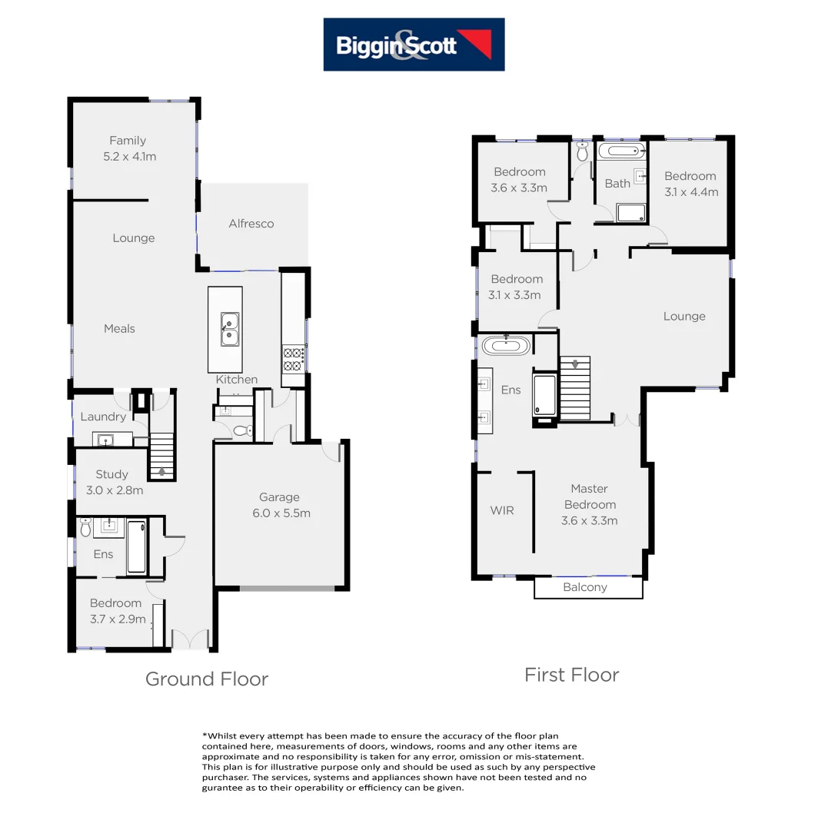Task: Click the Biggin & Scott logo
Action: pyautogui.click(x=414, y=45)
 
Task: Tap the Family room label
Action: pyautogui.click(x=128, y=148)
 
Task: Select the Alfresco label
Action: pyautogui.click(x=251, y=224)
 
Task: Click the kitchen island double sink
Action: pyautogui.click(x=228, y=330)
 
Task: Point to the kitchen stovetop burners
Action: pyautogui.click(x=294, y=357)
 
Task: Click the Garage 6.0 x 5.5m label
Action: pyautogui.click(x=279, y=505)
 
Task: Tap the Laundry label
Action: pyautogui.click(x=103, y=417)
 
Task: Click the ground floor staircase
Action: pyautogui.click(x=161, y=455)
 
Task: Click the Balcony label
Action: pyautogui.click(x=585, y=587)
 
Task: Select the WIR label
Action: pyautogui.click(x=501, y=510)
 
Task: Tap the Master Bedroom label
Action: pyautogui.click(x=590, y=504)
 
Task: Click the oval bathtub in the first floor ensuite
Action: pyautogui.click(x=506, y=346)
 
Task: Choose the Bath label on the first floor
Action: pyautogui.click(x=617, y=184)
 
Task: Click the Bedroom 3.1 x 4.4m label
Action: pyautogui.click(x=690, y=184)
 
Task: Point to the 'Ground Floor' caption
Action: pyautogui.click(x=207, y=679)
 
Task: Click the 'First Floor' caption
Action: pyautogui.click(x=571, y=675)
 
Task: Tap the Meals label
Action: pyautogui.click(x=119, y=328)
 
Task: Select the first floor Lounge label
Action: pyautogui.click(x=684, y=316)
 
